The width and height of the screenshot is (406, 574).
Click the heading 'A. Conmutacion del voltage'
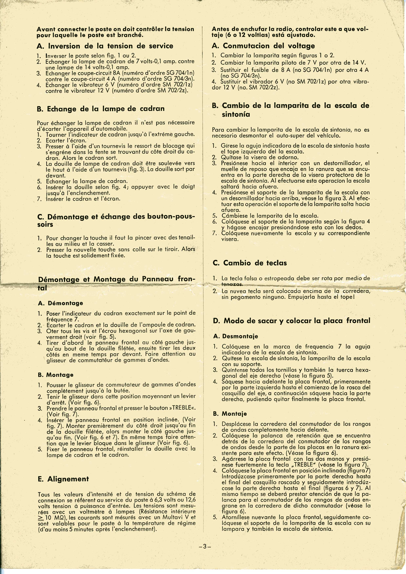pyautogui.click(x=263, y=46)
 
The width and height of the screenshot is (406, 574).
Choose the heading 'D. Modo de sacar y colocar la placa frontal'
pyautogui.click(x=291, y=321)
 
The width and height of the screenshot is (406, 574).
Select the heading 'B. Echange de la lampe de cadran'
pyautogui.click(x=101, y=109)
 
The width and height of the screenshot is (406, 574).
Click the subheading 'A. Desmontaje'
pyautogui.click(x=236, y=336)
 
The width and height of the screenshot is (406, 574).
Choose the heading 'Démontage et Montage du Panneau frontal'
pyautogui.click(x=116, y=279)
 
